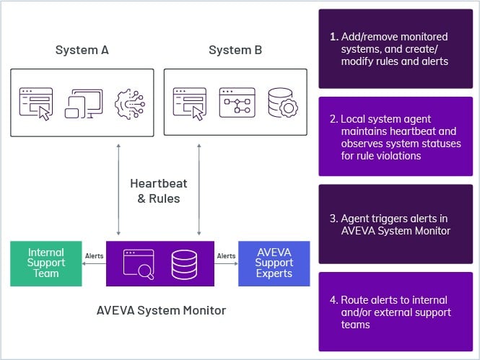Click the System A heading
pyautogui.click(x=82, y=51)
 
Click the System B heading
pyautogui.click(x=235, y=51)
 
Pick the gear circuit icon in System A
pyautogui.click(x=129, y=103)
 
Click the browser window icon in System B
pyautogui.click(x=190, y=102)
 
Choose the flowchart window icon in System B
pyautogui.click(x=237, y=102)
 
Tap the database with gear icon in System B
pyautogui.click(x=282, y=103)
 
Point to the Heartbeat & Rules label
pyautogui.click(x=158, y=190)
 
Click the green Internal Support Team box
pyautogui.click(x=45, y=263)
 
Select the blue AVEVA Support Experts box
pyautogui.click(x=274, y=263)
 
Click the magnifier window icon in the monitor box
pyautogui.click(x=139, y=264)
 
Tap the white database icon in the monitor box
pyautogui.click(x=183, y=264)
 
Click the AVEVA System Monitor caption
pyautogui.click(x=161, y=311)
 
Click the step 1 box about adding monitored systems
pyautogui.click(x=396, y=49)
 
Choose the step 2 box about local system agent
pyautogui.click(x=396, y=137)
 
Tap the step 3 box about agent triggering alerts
pyautogui.click(x=396, y=224)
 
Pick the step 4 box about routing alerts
pyautogui.click(x=396, y=312)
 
